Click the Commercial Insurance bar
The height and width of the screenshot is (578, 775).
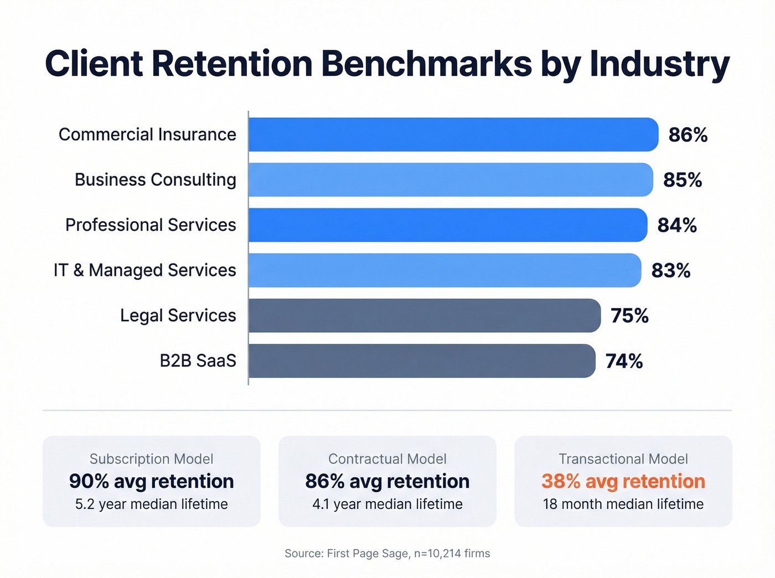(x=453, y=134)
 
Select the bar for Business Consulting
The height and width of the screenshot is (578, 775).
(x=450, y=180)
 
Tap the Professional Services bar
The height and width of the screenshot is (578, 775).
(x=447, y=225)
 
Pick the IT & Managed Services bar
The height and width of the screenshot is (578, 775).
(x=445, y=270)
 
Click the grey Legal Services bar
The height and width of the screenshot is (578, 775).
(x=424, y=316)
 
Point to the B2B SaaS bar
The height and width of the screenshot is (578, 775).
(x=421, y=361)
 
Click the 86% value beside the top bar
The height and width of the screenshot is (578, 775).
(x=688, y=135)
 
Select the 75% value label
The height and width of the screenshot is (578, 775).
(x=629, y=316)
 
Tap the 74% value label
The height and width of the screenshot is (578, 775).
(x=624, y=361)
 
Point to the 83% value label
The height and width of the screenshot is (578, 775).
(x=670, y=270)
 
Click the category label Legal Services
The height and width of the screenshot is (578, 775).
(x=178, y=315)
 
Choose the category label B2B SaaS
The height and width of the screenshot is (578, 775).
(x=198, y=361)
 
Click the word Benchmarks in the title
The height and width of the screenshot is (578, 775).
(x=426, y=64)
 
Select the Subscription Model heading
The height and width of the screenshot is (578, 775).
(x=151, y=459)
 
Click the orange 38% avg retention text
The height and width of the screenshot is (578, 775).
(x=623, y=481)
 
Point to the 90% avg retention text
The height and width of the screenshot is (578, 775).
(x=151, y=481)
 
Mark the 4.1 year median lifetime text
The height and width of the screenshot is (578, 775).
(x=387, y=504)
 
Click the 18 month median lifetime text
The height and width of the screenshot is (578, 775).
(x=623, y=504)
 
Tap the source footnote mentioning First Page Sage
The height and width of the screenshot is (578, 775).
(x=387, y=554)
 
